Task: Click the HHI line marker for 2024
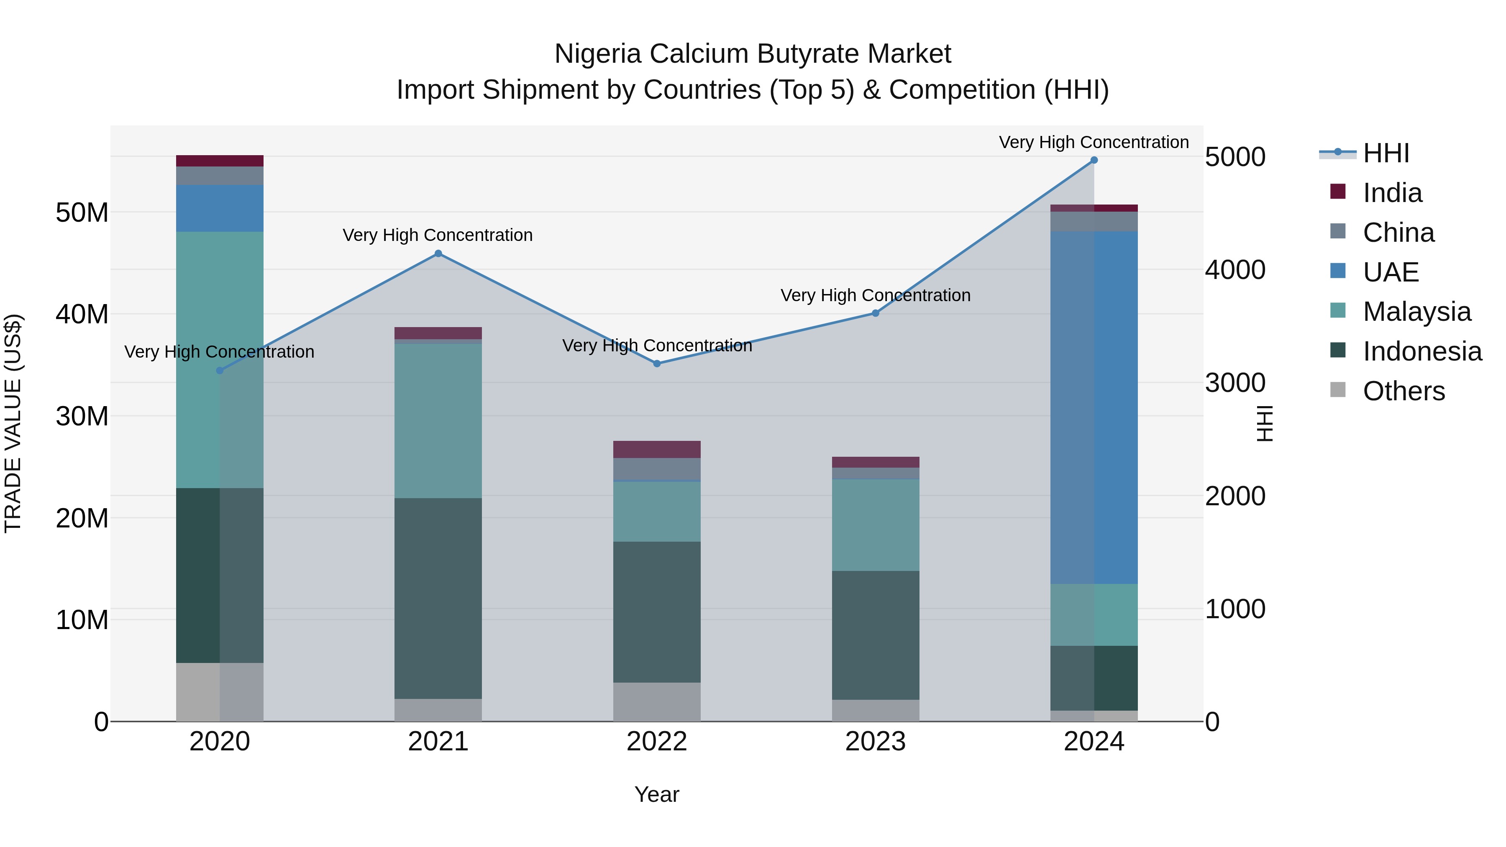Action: [x=1094, y=160]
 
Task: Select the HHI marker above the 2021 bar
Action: [x=438, y=254]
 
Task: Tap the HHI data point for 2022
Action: [x=656, y=363]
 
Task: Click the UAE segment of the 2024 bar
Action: [x=1094, y=407]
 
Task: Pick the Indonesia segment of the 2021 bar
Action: [x=438, y=598]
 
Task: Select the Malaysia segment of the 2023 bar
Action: [x=875, y=525]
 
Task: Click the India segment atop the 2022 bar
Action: [x=656, y=450]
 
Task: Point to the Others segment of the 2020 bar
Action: [x=220, y=692]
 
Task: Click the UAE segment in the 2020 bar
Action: [x=220, y=209]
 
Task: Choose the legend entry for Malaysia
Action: [x=1416, y=312]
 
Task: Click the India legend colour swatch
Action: [x=1338, y=192]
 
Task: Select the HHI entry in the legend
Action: [x=1386, y=153]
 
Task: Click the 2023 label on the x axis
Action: [x=875, y=742]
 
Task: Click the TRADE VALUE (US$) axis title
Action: [x=13, y=423]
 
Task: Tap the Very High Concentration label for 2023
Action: [x=875, y=296]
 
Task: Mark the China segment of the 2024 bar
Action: [x=1094, y=222]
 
